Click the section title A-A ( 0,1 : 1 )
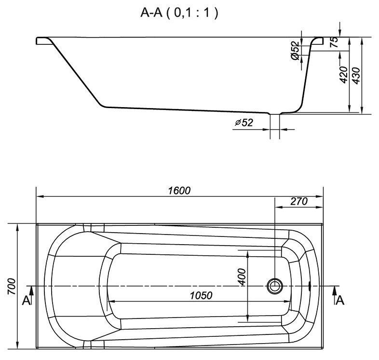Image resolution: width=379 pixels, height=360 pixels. click(179, 13)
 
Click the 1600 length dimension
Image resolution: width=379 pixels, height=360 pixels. click(179, 191)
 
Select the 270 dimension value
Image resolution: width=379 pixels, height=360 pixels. click(299, 201)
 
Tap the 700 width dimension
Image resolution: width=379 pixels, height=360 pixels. click(12, 287)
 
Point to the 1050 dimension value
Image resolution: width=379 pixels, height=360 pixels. click(201, 295)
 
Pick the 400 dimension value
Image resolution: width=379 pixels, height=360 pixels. click(242, 277)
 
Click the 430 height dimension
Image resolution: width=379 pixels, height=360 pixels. click(356, 76)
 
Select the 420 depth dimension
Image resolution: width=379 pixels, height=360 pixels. click(343, 75)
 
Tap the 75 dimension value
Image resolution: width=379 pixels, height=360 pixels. click(334, 42)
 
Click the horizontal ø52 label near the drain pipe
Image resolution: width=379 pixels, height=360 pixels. click(244, 123)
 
